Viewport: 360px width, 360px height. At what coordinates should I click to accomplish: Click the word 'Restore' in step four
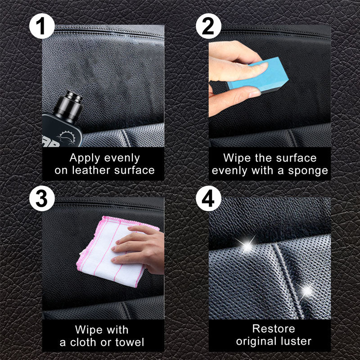tap(273, 328)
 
